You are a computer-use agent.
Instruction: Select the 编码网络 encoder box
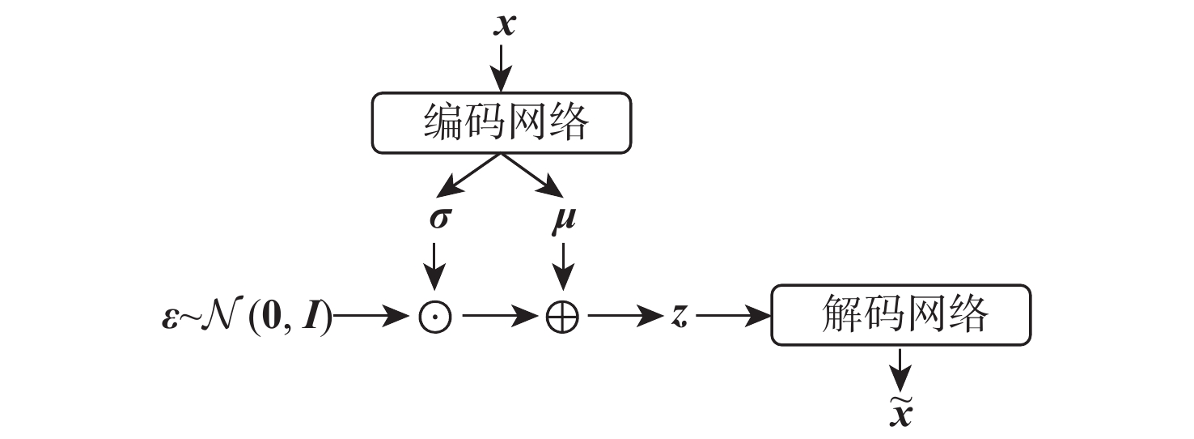click(502, 122)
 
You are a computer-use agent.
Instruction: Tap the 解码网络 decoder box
click(901, 314)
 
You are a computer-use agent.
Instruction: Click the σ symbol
click(438, 219)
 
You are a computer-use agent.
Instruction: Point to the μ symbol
click(563, 219)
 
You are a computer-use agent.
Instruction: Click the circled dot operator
click(435, 317)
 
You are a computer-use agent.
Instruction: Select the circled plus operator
click(563, 317)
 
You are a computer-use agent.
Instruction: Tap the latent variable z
click(678, 317)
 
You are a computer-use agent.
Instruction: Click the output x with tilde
click(901, 411)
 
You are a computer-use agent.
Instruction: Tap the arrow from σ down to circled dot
click(435, 267)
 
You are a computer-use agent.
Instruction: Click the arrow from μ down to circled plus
click(563, 267)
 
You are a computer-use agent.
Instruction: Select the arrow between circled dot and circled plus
click(497, 317)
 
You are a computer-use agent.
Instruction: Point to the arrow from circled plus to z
click(623, 317)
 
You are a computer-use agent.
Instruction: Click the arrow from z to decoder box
click(732, 317)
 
